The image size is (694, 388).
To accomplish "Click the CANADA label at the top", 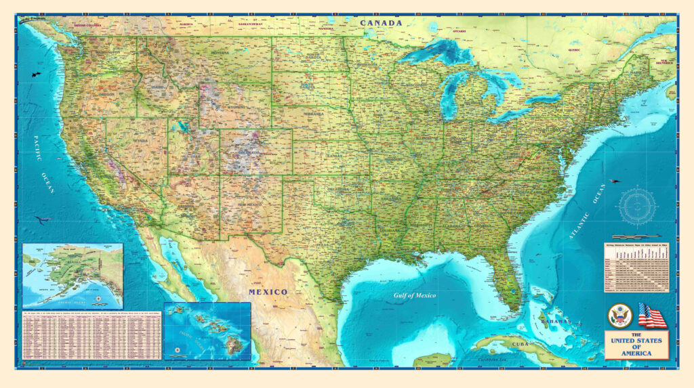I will (x=381, y=23).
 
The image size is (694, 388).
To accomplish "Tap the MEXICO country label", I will (x=267, y=292).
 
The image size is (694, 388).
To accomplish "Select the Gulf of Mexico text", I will (x=415, y=295).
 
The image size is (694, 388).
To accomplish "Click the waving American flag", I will (x=652, y=316).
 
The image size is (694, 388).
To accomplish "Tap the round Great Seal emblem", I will (x=619, y=316).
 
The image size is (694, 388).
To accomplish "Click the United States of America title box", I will (x=636, y=344).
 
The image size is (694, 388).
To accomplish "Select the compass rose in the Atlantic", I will (x=638, y=205).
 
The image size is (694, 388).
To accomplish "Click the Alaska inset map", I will (x=73, y=276).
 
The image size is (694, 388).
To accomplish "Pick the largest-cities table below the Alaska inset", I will (x=91, y=335).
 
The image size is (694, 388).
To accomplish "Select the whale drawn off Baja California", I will (x=41, y=220).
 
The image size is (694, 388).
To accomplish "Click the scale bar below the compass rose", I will (x=638, y=236).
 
